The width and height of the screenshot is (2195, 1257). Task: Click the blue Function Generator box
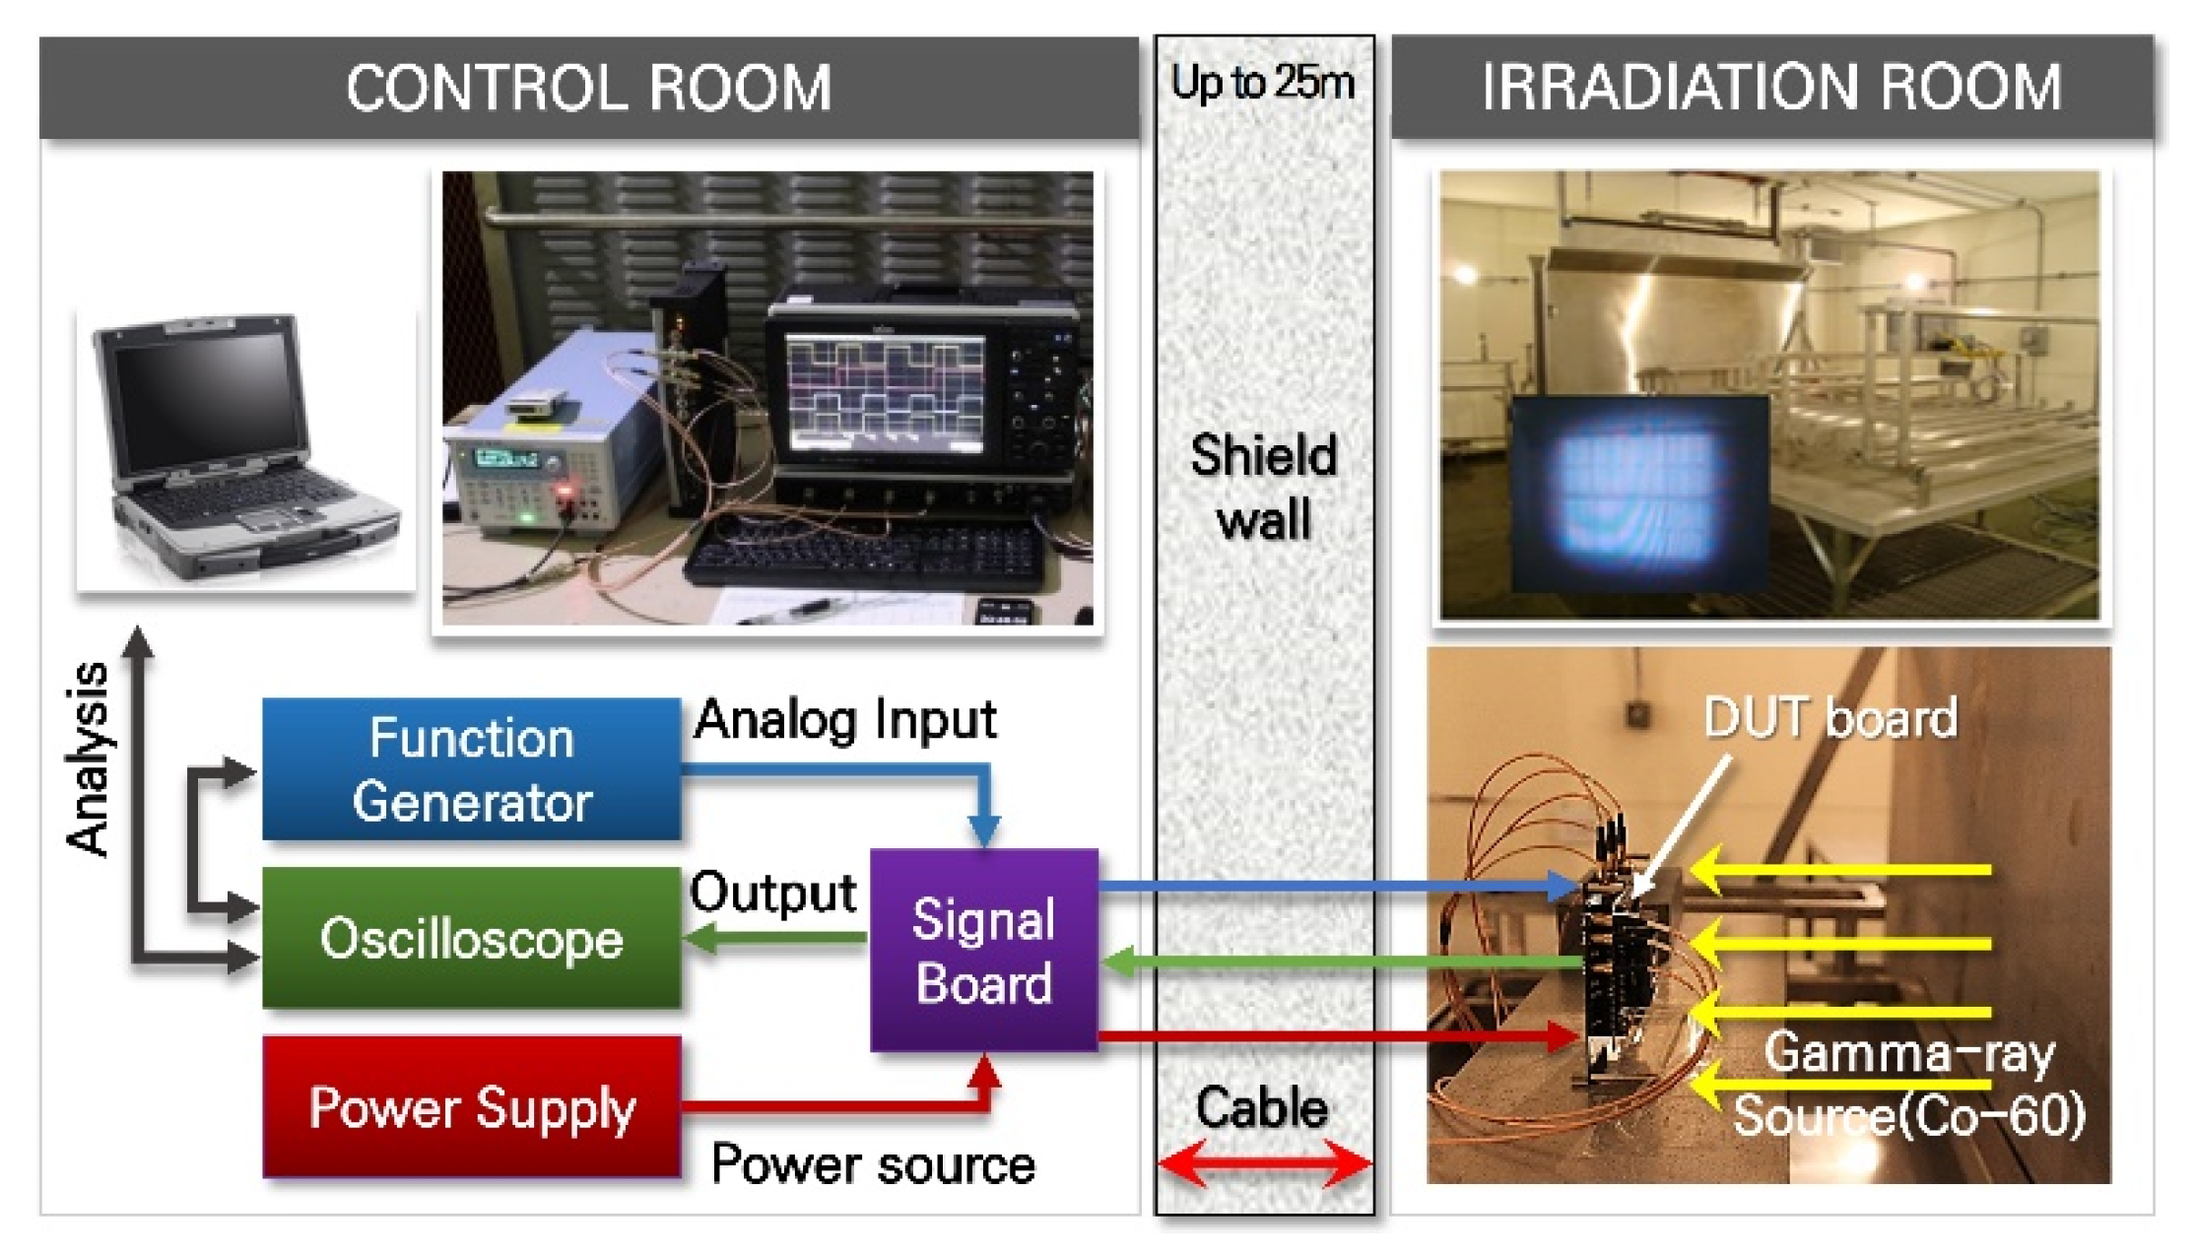[471, 769]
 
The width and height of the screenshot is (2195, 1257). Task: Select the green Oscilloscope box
[471, 938]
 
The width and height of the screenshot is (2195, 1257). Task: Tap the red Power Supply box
[471, 1107]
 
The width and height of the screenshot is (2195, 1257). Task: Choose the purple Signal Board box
[983, 951]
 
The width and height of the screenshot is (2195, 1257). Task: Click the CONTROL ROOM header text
[588, 87]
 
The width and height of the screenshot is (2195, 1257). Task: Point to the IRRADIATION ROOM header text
[1770, 87]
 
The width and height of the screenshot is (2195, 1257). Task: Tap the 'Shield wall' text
[1264, 487]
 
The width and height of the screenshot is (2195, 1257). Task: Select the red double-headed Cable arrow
[1264, 1163]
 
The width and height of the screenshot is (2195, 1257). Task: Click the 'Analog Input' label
[845, 720]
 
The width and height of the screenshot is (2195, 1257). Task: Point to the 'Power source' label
[873, 1164]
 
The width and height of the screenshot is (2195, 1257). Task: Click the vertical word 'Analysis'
[89, 758]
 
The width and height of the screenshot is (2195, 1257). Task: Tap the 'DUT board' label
[1829, 717]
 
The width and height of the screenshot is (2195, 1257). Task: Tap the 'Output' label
[772, 893]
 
